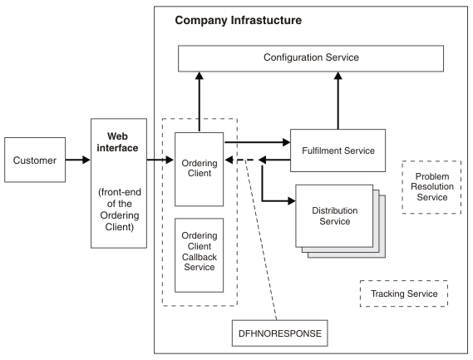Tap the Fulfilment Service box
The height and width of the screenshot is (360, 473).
click(x=338, y=150)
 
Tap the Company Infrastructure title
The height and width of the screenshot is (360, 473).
click(x=239, y=18)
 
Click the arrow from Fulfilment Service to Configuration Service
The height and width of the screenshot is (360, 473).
click(x=338, y=100)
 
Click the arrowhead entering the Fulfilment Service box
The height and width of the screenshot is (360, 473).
click(x=286, y=141)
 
